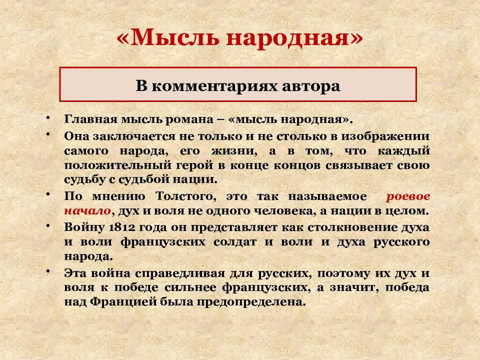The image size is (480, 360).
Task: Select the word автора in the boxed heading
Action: [x=311, y=86]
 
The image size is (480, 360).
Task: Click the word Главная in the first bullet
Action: [x=90, y=119]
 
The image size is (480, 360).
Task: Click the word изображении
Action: [x=385, y=136]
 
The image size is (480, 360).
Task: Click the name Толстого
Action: [x=185, y=196]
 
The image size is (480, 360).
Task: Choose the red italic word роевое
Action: [x=408, y=196]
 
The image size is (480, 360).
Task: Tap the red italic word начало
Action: [x=87, y=211]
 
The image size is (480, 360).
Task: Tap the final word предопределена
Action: [x=251, y=302]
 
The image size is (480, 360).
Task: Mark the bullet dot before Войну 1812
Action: [x=48, y=225]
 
